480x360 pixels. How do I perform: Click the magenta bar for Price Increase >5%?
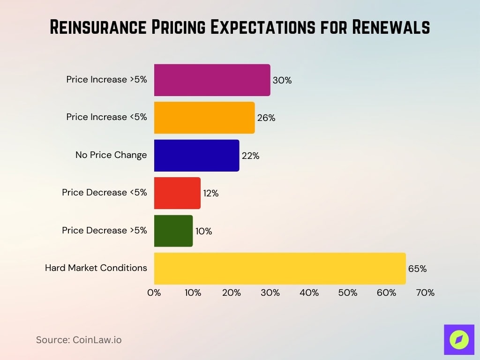coord(212,80)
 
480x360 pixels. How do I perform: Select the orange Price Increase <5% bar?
coord(204,118)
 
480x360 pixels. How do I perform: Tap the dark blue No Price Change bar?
coord(196,155)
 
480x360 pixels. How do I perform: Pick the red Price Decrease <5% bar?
coord(177,193)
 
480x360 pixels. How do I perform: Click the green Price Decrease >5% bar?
coord(173,231)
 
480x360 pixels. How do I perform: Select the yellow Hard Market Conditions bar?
coord(279,269)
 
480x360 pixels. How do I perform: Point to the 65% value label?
coord(417,269)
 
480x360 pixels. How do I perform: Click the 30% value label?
coord(282,81)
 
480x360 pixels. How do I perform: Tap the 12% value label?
coord(210,193)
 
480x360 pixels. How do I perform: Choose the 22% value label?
coord(250,156)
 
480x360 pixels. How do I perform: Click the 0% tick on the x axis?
coord(154,293)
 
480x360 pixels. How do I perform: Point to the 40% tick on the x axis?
coord(309,293)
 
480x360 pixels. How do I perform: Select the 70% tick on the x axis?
coord(425,293)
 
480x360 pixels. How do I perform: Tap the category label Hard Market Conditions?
coord(96,268)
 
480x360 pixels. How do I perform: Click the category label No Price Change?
coord(111,155)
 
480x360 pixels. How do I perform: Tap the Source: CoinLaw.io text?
coord(79,340)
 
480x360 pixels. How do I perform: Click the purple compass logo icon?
coord(459,339)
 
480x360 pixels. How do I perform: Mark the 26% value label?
coord(266,118)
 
